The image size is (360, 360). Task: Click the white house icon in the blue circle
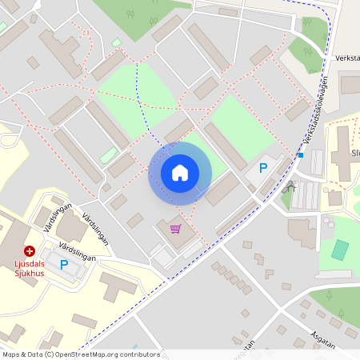pyautogui.click(x=180, y=173)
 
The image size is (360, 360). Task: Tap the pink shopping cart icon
pyautogui.click(x=175, y=229)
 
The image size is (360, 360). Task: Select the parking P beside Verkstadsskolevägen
pyautogui.click(x=262, y=169)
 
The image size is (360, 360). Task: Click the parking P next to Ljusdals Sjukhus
pyautogui.click(x=64, y=264)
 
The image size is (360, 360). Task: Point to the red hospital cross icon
pyautogui.click(x=30, y=250)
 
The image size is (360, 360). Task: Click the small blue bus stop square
pyautogui.click(x=301, y=155)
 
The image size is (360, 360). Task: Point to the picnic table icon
pyautogui.click(x=290, y=189)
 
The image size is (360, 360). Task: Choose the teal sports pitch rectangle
pyautogui.click(x=341, y=250)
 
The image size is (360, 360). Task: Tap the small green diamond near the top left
pyautogui.click(x=117, y=43)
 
